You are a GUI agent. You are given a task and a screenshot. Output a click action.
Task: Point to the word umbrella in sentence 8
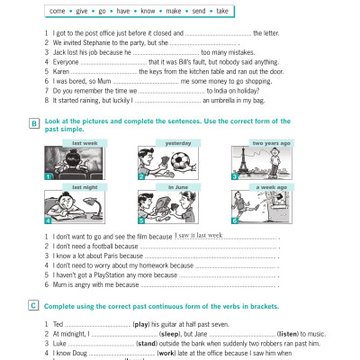click(219, 102)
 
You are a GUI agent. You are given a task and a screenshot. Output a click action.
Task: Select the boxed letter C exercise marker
click(34, 306)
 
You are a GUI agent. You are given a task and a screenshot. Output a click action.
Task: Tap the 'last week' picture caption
click(84, 144)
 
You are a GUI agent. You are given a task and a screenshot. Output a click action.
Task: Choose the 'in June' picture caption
click(176, 188)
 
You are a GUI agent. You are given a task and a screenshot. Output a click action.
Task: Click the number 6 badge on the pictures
click(234, 220)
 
